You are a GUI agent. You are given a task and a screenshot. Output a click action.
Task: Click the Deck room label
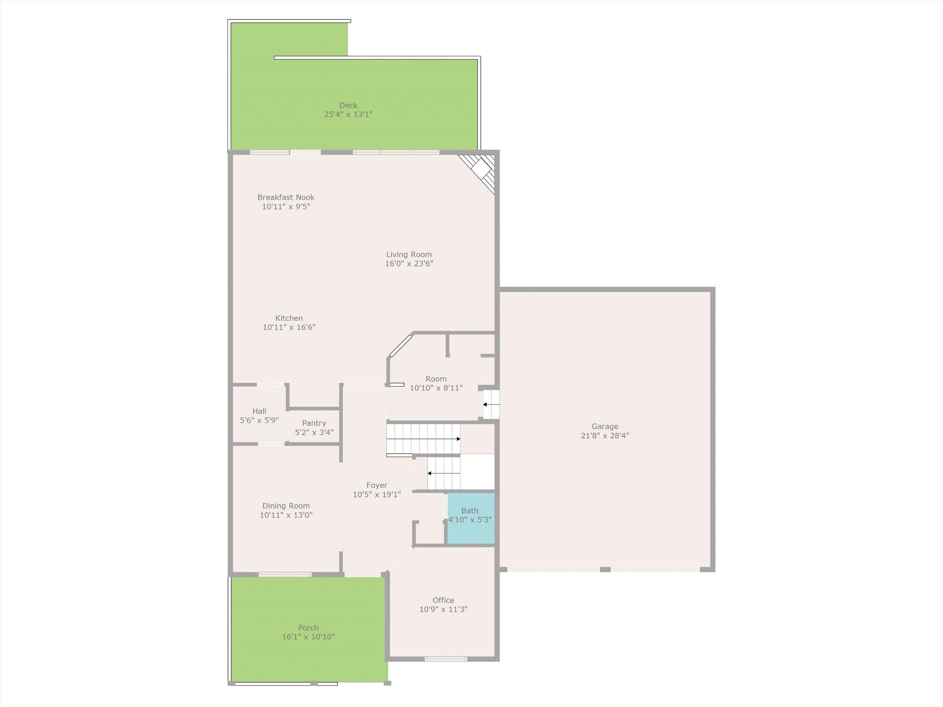coord(348,105)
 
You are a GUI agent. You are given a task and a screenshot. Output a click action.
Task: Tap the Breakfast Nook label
coord(286,197)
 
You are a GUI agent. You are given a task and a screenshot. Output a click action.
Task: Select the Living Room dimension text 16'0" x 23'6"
coord(409,264)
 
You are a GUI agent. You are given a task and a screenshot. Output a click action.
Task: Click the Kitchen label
coord(289,318)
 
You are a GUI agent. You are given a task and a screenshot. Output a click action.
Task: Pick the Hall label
coord(259,411)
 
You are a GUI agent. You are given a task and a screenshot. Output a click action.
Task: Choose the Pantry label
coord(314,423)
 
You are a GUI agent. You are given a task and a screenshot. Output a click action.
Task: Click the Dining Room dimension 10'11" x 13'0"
coord(286,515)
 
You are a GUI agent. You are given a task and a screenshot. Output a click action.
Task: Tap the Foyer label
coord(377,485)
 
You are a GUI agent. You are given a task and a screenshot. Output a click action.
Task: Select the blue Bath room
coord(471,518)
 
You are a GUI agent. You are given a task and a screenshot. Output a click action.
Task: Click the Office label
coord(443,600)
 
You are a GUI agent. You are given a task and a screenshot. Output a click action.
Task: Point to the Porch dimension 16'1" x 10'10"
coord(309,637)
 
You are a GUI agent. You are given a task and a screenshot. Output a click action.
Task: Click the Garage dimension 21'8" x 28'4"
coord(605,435)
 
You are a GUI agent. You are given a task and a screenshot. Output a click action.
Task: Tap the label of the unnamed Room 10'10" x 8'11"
coord(436,379)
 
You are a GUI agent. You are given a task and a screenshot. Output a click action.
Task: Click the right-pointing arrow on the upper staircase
coord(423,439)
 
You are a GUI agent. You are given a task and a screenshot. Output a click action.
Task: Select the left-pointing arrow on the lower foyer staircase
coord(444,473)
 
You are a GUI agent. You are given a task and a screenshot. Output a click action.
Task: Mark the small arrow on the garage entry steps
coord(491,405)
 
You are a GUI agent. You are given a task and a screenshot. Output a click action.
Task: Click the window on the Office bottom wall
coord(446,659)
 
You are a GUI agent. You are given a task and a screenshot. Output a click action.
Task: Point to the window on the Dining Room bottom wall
coord(285,574)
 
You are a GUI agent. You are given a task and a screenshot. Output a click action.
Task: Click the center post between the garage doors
coord(605,569)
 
